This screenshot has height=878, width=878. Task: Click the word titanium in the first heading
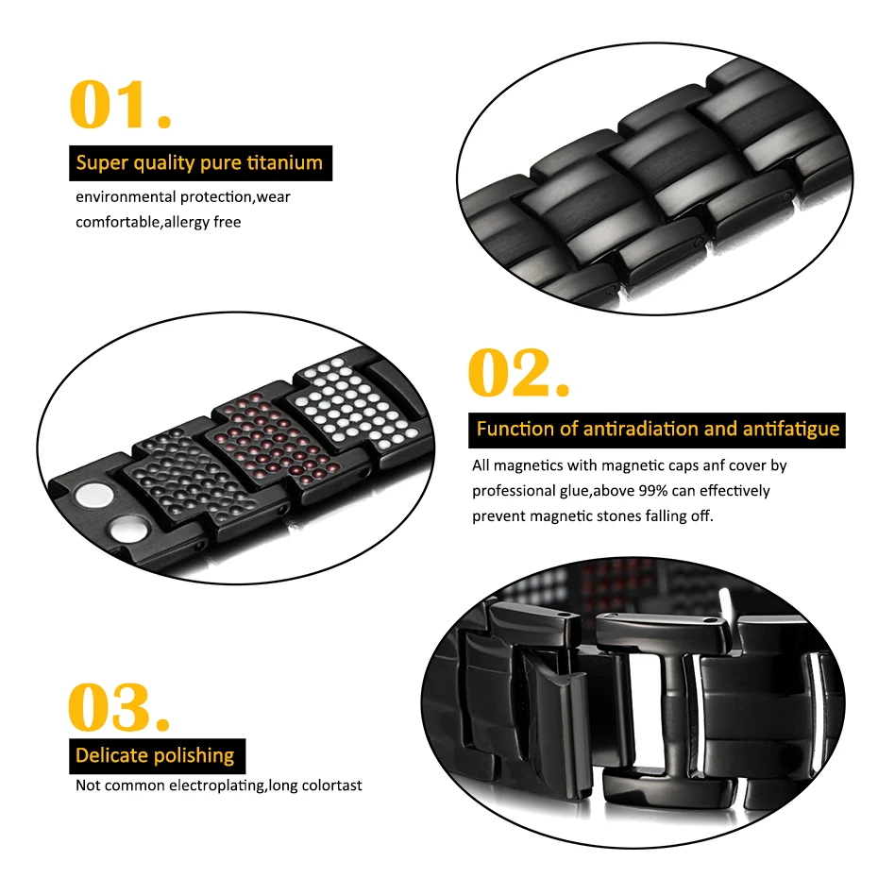283,163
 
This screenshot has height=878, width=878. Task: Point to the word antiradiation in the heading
632,429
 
